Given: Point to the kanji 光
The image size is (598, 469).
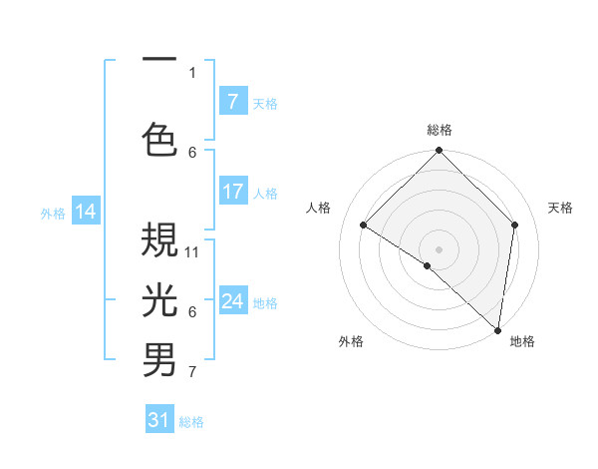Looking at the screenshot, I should pos(159,299).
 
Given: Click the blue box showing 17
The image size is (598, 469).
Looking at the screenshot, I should pos(233,192).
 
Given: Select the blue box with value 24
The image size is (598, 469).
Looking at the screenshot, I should pos(233,301).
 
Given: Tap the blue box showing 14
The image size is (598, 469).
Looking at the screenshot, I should pos(86,212).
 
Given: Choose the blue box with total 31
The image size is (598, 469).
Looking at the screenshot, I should pos(159,420).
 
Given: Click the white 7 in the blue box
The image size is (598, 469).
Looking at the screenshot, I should pos(233,101).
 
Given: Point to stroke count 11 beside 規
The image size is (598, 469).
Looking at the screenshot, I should pos(193,251).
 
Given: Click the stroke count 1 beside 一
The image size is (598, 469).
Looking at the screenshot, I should pos(192,72).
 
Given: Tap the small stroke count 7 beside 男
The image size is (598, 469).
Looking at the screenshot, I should pos(192,372).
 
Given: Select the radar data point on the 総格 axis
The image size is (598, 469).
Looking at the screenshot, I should pos(439,151).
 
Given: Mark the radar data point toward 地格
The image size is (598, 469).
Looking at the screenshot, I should pos(497,329).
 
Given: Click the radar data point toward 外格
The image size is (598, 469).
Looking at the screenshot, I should pos(428,265).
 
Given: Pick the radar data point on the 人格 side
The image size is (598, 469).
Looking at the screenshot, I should pos(364,226).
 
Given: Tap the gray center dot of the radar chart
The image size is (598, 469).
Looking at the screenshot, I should pos(439,248).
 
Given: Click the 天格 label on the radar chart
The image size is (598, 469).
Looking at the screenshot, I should pos(561,208).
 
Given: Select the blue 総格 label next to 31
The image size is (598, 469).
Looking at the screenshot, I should pos(191,422).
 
